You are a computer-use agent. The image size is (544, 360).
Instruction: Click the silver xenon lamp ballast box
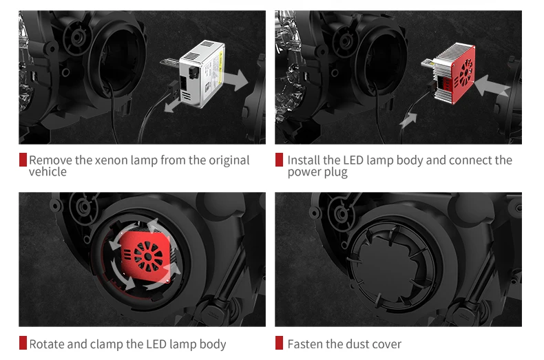202,74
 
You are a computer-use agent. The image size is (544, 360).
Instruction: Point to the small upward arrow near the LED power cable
408,120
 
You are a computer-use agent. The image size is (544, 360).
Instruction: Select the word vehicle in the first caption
48,171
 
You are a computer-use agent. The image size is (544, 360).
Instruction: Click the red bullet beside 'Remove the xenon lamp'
23,160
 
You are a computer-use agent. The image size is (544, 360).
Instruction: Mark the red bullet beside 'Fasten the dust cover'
279,343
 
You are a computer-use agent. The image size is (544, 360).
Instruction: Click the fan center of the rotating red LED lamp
148,257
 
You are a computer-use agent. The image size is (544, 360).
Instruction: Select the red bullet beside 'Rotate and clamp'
23,343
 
